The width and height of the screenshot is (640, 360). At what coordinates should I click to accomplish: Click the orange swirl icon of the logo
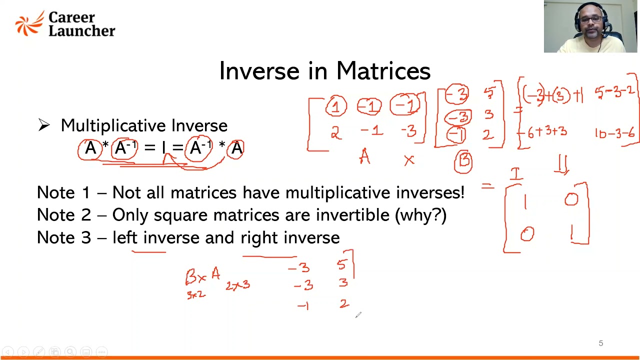[x=29, y=23]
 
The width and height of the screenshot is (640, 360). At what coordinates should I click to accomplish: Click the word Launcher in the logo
[x=81, y=30]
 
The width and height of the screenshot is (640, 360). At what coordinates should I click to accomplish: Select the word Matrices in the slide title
[x=383, y=71]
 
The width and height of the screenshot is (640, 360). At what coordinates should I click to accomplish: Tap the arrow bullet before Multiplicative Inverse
[x=44, y=125]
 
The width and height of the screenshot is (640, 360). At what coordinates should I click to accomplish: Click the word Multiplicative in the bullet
[x=115, y=125]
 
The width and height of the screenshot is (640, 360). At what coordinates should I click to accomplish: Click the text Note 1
[x=63, y=192]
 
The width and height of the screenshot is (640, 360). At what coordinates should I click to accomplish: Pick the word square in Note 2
[x=181, y=215]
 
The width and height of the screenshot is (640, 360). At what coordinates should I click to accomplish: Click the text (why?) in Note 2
[x=420, y=215]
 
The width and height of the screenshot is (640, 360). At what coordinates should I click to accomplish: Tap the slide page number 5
[x=600, y=343]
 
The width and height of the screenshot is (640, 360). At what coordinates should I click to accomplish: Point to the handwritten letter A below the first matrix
[x=364, y=158]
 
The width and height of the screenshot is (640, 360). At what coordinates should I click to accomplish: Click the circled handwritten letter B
[x=463, y=161]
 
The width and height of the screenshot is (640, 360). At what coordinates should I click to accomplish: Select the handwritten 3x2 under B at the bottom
[x=196, y=294]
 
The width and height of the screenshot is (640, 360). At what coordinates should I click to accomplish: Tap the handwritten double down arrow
[x=562, y=164]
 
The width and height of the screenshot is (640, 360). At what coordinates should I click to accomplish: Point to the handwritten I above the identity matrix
[x=516, y=173]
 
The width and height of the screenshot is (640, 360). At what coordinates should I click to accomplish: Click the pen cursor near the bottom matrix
[x=357, y=314]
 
